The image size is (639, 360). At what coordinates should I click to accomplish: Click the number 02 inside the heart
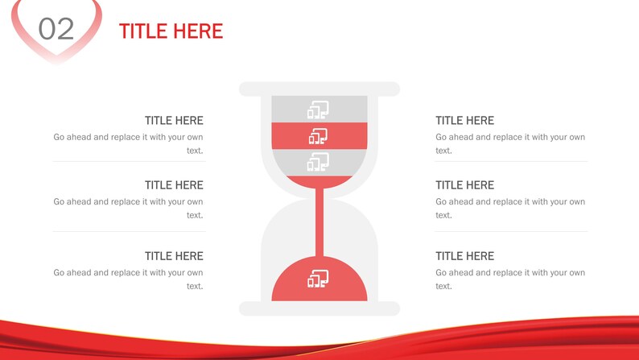[56, 29]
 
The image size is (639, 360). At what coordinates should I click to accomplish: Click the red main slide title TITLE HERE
[171, 31]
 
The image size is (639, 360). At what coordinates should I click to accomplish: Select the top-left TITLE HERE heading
[174, 121]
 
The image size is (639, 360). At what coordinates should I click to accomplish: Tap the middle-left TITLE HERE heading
[174, 185]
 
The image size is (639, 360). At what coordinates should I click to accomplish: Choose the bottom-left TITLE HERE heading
[174, 256]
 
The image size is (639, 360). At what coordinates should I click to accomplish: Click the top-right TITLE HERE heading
[464, 121]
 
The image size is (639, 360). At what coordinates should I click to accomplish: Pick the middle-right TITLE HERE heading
[464, 185]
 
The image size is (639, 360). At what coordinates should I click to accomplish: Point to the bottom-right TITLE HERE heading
[464, 256]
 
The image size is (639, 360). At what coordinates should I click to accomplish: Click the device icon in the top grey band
[319, 110]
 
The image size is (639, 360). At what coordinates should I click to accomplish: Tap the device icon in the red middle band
[319, 136]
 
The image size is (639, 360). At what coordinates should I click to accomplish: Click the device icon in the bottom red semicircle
[319, 279]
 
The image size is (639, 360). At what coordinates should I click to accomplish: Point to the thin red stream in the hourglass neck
[319, 221]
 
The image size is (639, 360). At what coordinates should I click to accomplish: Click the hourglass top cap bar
[319, 89]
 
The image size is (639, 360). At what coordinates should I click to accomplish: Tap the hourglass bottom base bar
[319, 308]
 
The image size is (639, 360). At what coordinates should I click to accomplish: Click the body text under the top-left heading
[129, 143]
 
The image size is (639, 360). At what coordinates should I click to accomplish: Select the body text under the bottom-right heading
[510, 279]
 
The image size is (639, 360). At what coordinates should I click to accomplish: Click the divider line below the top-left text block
[129, 161]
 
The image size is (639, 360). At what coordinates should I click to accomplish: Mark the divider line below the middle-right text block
[510, 232]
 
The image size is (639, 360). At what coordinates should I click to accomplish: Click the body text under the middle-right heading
[510, 208]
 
